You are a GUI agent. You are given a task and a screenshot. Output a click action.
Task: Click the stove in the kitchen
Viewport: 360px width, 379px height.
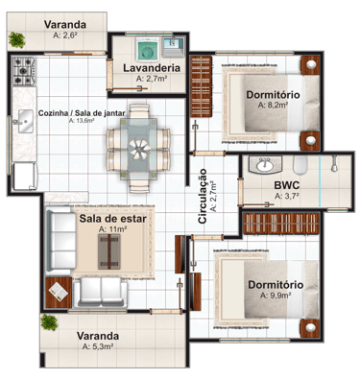pos(24,71)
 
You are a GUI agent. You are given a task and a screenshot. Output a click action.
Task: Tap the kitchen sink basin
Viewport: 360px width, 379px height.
pos(26,121)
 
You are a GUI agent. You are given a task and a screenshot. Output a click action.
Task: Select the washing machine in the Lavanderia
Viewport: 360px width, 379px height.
pos(148,50)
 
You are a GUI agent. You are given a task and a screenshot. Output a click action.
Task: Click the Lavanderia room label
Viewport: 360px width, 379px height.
pos(152,68)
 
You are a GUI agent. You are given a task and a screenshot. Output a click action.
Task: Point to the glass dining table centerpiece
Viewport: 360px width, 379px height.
pos(139,149)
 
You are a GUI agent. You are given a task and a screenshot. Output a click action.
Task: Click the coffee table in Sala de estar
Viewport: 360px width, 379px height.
pos(109,251)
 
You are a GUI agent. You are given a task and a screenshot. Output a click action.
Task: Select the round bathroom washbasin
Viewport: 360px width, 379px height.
pos(265,165)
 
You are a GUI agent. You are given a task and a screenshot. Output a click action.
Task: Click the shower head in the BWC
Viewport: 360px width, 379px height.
pos(334,164)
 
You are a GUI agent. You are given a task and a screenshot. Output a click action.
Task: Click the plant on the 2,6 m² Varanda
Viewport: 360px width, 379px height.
pos(16,39)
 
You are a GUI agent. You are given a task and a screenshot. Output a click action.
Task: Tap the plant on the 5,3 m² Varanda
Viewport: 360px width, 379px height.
pos(49,322)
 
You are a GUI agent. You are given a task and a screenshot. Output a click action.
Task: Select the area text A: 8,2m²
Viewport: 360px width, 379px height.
pos(274,105)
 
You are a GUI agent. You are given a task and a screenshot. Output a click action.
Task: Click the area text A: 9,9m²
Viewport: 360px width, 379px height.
pos(276,296)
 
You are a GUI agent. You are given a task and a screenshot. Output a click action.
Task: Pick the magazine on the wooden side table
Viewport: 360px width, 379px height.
pos(58,292)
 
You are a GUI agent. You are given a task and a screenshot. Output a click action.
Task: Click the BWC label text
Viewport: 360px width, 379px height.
pos(287,185)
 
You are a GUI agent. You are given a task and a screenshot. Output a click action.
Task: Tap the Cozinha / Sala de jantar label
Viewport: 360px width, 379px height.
pos(82,113)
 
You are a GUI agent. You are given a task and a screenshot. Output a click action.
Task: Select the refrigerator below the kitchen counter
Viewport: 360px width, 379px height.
pos(25,177)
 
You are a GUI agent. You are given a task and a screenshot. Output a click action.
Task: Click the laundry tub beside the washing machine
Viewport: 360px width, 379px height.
pos(174,47)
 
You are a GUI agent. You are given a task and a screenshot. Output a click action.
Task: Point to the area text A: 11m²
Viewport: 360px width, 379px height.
pos(113,229)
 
